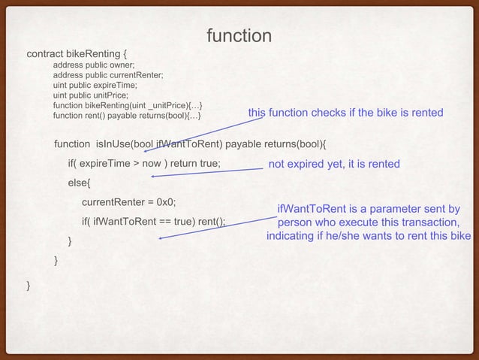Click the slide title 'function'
[239, 35]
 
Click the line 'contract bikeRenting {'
[78, 54]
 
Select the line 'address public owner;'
[94, 65]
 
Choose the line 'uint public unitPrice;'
[91, 95]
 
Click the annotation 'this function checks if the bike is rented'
[345, 113]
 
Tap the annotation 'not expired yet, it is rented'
[334, 164]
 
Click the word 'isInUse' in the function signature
[113, 144]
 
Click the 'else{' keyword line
[79, 183]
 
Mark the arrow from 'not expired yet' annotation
[206, 173]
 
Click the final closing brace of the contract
[29, 286]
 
